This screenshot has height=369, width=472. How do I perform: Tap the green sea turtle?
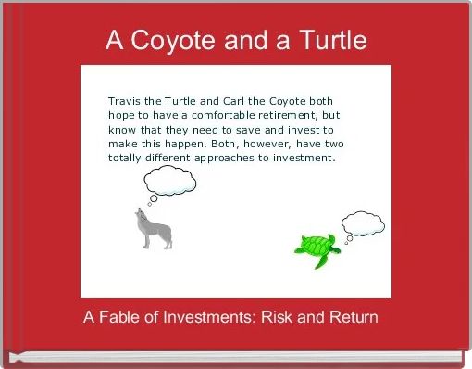tap(316, 247)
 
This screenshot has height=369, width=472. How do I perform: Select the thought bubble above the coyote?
tap(170, 180)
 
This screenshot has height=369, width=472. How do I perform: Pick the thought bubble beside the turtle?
tap(363, 223)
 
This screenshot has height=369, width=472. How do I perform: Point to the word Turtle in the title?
tap(328, 41)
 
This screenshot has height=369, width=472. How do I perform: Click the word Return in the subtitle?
tap(354, 317)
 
